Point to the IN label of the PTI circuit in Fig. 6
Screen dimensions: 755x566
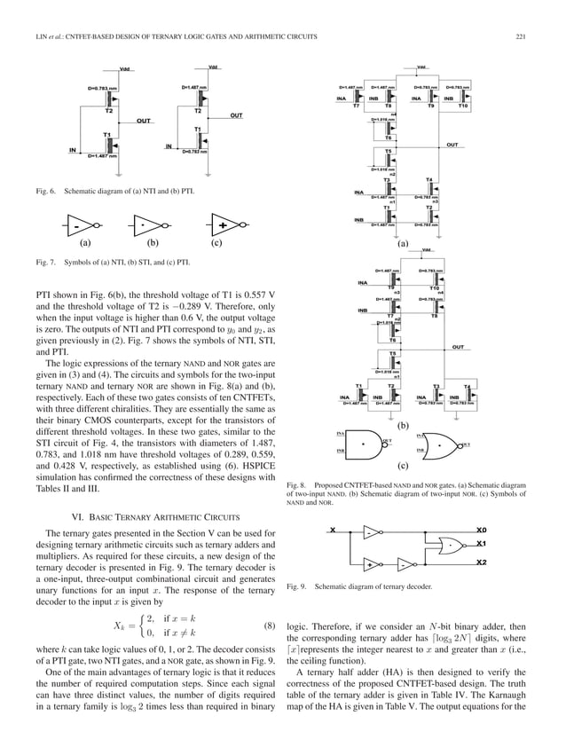click(168, 146)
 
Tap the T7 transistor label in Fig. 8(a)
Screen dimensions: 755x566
click(356, 106)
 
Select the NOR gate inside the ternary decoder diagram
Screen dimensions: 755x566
click(454, 546)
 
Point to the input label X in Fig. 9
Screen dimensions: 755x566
click(332, 531)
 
